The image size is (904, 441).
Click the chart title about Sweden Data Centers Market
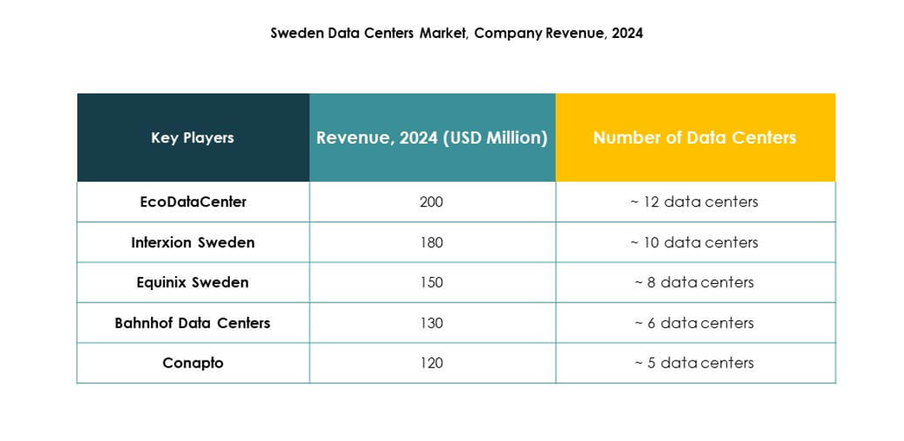click(x=456, y=33)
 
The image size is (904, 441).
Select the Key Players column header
click(x=193, y=138)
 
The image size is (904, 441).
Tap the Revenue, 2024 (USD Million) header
click(x=432, y=138)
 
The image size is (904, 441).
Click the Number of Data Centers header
click(x=694, y=138)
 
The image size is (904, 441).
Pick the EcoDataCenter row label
click(x=193, y=202)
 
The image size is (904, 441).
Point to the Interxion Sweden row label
click(x=193, y=242)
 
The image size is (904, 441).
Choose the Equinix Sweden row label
click(x=193, y=282)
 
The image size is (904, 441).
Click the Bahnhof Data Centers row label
click(x=193, y=323)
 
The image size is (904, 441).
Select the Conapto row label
click(x=193, y=363)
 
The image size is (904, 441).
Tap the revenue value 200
click(x=431, y=202)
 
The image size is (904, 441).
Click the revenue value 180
click(x=431, y=242)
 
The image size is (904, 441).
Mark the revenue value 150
click(x=431, y=282)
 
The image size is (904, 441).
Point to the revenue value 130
click(x=431, y=323)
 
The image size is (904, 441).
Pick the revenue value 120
click(x=431, y=363)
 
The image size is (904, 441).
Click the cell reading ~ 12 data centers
click(x=694, y=202)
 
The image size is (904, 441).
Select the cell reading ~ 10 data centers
click(x=694, y=242)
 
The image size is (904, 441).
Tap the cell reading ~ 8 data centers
click(x=694, y=282)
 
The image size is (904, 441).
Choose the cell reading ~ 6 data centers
click(x=694, y=323)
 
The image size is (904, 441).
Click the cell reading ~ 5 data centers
click(x=694, y=363)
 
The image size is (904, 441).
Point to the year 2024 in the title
click(x=627, y=33)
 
